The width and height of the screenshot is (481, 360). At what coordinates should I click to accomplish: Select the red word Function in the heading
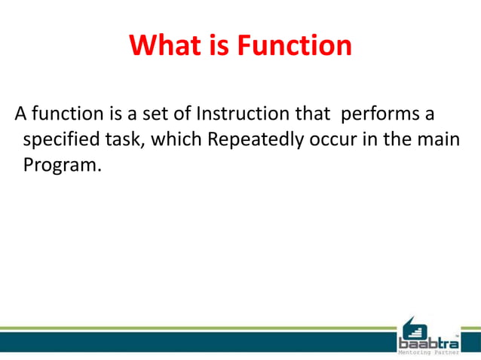click(x=294, y=46)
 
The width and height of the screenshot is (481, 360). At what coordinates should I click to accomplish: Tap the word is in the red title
click(x=218, y=46)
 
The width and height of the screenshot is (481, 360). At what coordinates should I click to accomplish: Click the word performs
click(x=378, y=114)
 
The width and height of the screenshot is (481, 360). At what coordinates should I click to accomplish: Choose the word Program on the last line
click(x=60, y=166)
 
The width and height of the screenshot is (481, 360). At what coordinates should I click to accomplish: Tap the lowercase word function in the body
click(x=63, y=114)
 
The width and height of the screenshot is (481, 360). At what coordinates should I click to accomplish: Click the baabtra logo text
click(x=427, y=343)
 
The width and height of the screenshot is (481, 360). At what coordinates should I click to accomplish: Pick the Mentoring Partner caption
click(x=427, y=353)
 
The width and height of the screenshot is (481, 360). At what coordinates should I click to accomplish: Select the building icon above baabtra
click(x=413, y=327)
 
